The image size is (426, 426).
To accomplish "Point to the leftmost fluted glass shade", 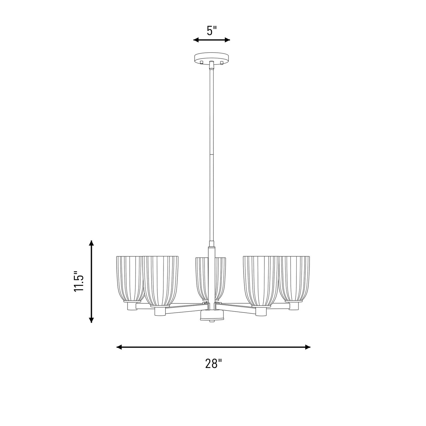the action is (129, 279).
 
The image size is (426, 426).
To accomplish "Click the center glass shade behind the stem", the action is (210, 279).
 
